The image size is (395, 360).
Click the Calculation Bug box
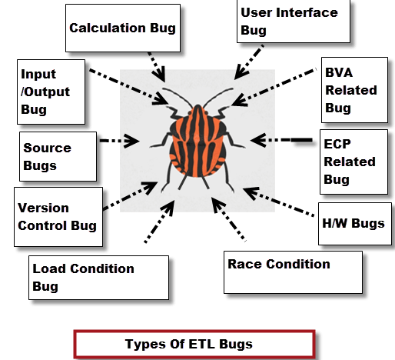click(123, 28)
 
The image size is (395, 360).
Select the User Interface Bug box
click(294, 22)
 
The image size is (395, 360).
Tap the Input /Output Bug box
click(51, 92)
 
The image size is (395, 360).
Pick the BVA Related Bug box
click(354, 90)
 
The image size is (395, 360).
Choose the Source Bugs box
click(58, 156)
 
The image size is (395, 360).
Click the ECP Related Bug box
click(354, 162)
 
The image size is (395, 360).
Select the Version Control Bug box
click(58, 217)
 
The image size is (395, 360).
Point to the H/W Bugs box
click(355, 224)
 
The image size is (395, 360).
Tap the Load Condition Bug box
click(98, 278)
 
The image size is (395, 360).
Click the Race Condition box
click(293, 272)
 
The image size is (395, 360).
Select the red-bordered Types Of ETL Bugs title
click(194, 344)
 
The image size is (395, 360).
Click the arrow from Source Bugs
click(119, 141)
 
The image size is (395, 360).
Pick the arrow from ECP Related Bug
click(281, 140)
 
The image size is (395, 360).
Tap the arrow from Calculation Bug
click(157, 67)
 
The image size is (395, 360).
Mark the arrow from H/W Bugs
click(278, 202)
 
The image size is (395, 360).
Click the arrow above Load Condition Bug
click(159, 222)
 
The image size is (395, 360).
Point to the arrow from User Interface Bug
click(249, 62)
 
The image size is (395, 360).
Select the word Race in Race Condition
click(244, 264)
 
